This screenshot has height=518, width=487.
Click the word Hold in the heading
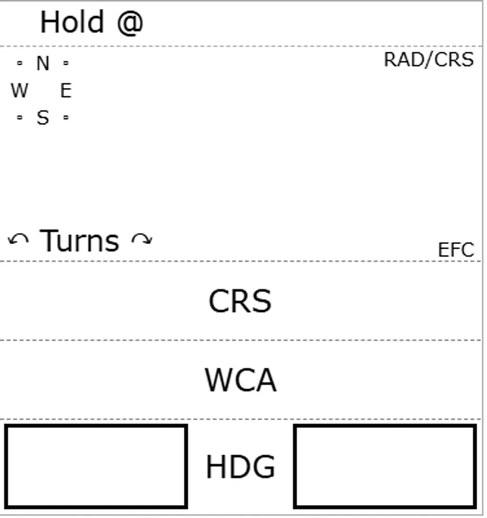pyautogui.click(x=72, y=22)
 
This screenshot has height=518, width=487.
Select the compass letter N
pyautogui.click(x=43, y=63)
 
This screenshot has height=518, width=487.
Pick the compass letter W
pyautogui.click(x=19, y=90)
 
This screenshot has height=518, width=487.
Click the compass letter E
pyautogui.click(x=66, y=90)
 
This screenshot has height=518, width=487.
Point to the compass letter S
pyautogui.click(x=43, y=117)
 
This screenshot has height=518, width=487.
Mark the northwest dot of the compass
pyautogui.click(x=20, y=63)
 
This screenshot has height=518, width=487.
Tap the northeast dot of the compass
pyautogui.click(x=66, y=63)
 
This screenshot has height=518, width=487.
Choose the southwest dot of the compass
pyautogui.click(x=20, y=117)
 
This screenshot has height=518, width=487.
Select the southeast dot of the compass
pyautogui.click(x=66, y=117)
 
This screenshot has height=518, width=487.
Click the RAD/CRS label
pyautogui.click(x=429, y=60)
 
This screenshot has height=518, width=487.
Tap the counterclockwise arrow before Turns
pyautogui.click(x=18, y=240)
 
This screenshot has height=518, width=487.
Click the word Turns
pyautogui.click(x=79, y=241)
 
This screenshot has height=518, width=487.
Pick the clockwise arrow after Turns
pyautogui.click(x=142, y=239)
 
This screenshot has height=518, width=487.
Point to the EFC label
pyautogui.click(x=456, y=250)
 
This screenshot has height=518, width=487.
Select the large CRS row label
pyautogui.click(x=240, y=302)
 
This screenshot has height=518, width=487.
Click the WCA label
pyautogui.click(x=241, y=381)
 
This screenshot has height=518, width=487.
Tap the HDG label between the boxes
pyautogui.click(x=241, y=467)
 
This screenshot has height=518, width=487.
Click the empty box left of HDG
pyautogui.click(x=96, y=466)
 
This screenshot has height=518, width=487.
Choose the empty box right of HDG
pyautogui.click(x=385, y=466)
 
